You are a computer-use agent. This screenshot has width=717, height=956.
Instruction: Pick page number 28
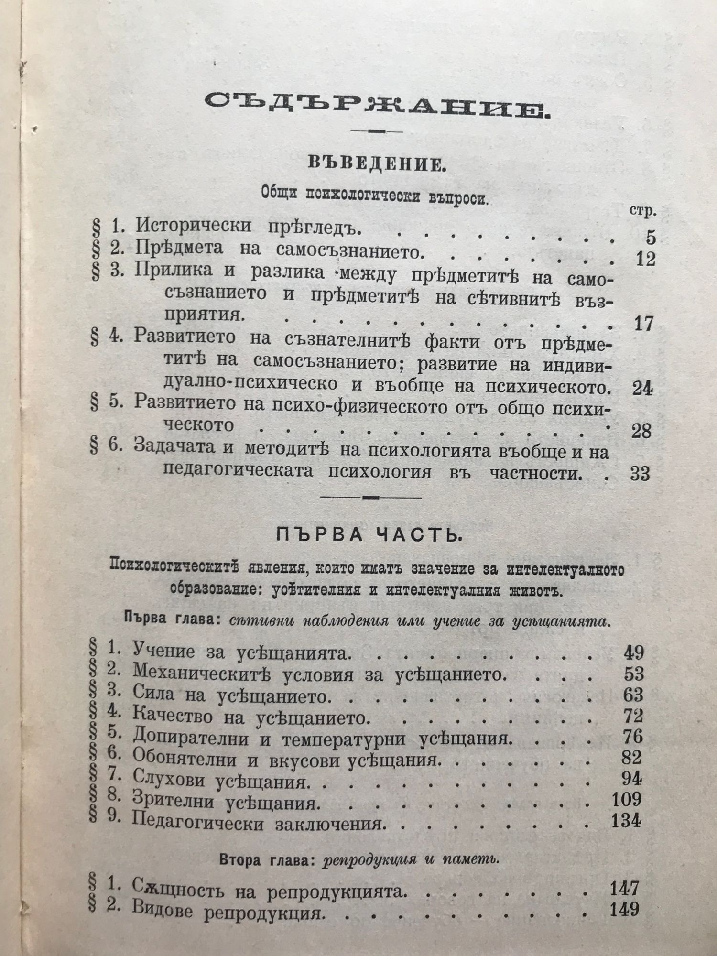(x=641, y=431)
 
